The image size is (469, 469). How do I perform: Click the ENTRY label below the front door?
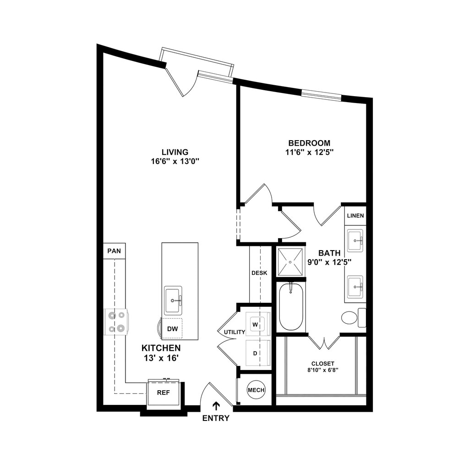click(x=216, y=418)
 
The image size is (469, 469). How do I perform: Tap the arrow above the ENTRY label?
click(x=216, y=406)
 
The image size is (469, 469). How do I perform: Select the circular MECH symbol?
click(x=256, y=390)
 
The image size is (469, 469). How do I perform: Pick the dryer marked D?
click(x=258, y=353)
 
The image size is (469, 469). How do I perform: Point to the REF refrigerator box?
click(x=164, y=393)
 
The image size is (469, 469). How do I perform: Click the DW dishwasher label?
click(x=173, y=329)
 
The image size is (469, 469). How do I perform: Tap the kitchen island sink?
click(x=173, y=300)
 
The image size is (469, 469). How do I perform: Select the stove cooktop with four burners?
click(x=116, y=322)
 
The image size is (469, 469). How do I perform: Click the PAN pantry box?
click(x=114, y=251)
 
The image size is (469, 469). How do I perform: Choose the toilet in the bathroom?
click(x=354, y=318)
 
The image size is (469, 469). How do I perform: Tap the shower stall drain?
click(x=290, y=262)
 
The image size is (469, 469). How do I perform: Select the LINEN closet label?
click(x=355, y=216)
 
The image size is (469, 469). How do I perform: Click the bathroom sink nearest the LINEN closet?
click(x=355, y=240)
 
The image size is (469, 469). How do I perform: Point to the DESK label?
click(x=259, y=273)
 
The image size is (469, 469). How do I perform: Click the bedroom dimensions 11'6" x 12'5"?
click(x=309, y=152)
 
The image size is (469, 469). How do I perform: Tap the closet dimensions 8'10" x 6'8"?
click(x=323, y=370)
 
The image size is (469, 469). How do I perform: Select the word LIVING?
click(x=175, y=152)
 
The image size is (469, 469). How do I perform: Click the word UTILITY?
click(x=234, y=332)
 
